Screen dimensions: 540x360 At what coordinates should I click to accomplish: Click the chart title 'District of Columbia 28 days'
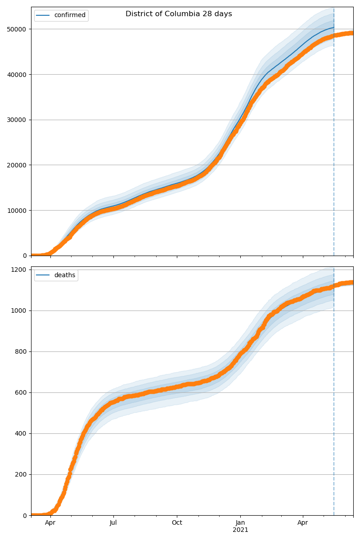click(x=179, y=14)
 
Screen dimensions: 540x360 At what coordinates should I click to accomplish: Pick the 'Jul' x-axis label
click(x=113, y=523)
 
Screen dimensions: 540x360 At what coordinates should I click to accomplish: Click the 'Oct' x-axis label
click(x=177, y=523)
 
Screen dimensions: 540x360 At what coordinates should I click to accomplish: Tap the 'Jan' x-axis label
click(x=240, y=523)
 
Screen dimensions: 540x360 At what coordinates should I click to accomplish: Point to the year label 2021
click(x=240, y=530)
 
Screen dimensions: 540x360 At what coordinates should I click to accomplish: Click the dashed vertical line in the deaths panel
click(x=334, y=405)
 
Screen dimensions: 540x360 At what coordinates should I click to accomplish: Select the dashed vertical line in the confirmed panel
click(x=334, y=135)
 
